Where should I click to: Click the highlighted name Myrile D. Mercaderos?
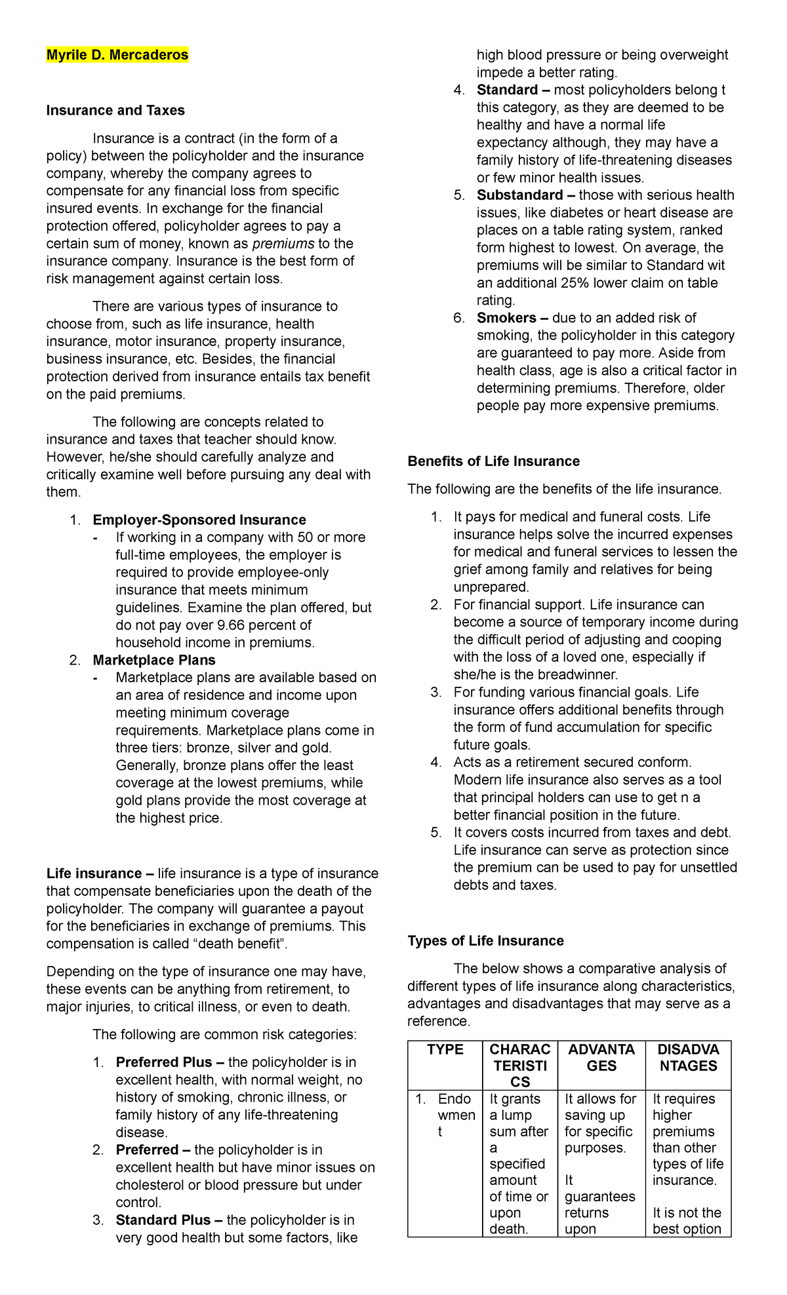tap(117, 55)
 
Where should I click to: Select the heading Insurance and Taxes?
tap(115, 110)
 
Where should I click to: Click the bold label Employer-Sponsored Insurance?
tap(199, 520)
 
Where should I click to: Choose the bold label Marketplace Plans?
tap(154, 660)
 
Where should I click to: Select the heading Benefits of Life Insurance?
tap(493, 461)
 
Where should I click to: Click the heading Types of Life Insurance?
tap(485, 941)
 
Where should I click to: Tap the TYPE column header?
tap(445, 1050)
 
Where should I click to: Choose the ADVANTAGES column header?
tap(601, 1058)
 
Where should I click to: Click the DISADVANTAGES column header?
tap(688, 1058)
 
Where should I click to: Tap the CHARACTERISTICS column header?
tap(519, 1066)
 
